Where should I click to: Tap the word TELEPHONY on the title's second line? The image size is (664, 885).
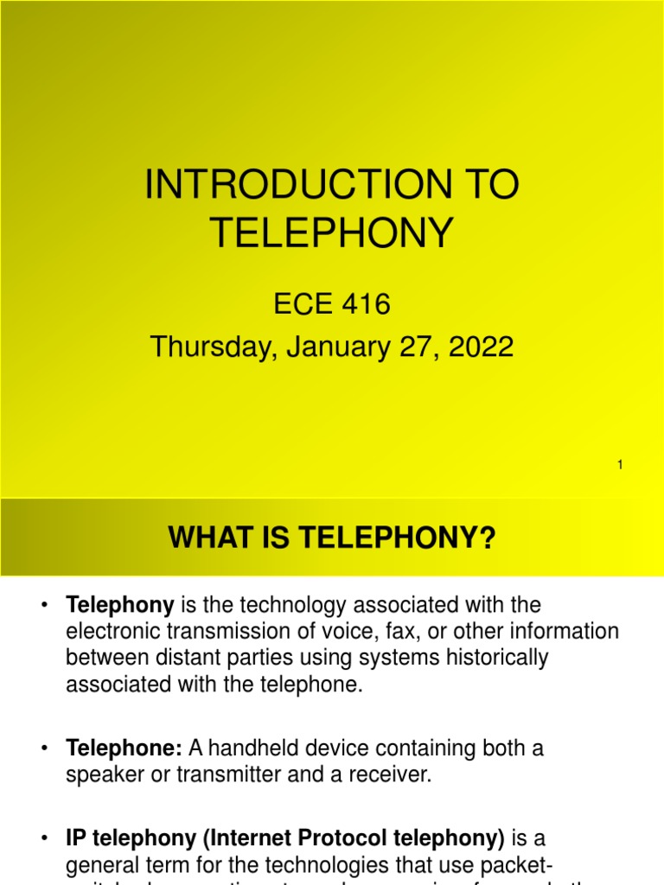332,232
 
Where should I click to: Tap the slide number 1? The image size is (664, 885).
620,466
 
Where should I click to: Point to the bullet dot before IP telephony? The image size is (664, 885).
43,838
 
